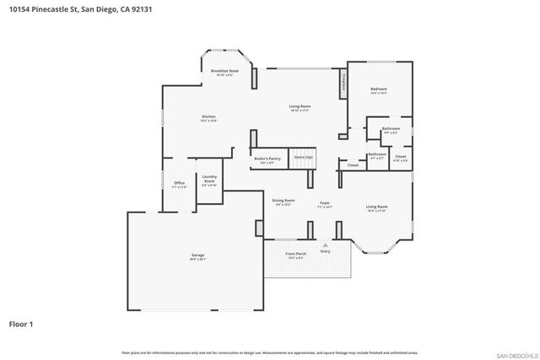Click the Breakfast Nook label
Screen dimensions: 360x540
pyautogui.click(x=224, y=72)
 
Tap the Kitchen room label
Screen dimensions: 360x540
pyautogui.click(x=208, y=118)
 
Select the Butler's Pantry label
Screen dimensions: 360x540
pyautogui.click(x=267, y=159)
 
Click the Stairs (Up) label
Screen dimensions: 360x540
pyautogui.click(x=303, y=158)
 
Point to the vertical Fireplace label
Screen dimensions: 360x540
pyautogui.click(x=343, y=84)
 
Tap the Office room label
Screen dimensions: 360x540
pyautogui.click(x=179, y=184)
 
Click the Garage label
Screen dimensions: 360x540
pyautogui.click(x=197, y=256)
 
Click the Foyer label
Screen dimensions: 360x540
pyautogui.click(x=324, y=203)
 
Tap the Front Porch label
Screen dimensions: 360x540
pyautogui.click(x=295, y=254)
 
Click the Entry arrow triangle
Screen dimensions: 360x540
pyautogui.click(x=325, y=245)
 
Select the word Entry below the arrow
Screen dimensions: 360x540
pyautogui.click(x=325, y=251)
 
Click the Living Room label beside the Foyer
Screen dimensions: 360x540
pyautogui.click(x=376, y=207)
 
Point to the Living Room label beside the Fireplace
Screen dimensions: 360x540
pyautogui.click(x=300, y=107)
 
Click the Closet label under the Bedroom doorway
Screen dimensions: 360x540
pyautogui.click(x=353, y=165)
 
